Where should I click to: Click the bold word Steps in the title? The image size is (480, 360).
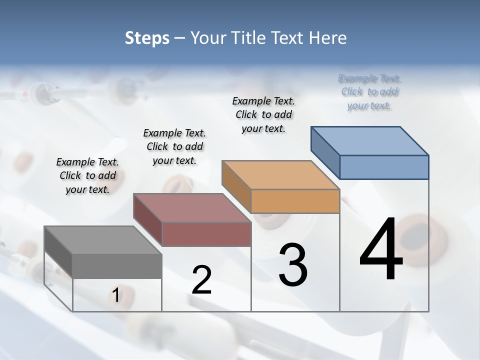point(147,38)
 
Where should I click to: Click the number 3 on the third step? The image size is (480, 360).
point(293,265)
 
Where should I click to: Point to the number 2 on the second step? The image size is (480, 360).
point(202,280)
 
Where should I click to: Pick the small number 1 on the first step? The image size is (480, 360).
point(115,295)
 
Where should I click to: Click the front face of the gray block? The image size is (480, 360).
point(117,265)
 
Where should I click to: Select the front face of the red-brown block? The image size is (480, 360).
point(206,234)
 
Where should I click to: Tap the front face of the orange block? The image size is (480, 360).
point(295,201)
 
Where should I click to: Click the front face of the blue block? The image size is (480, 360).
point(383,167)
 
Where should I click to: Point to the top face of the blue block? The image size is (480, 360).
point(370,140)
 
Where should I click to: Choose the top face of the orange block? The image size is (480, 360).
point(281,175)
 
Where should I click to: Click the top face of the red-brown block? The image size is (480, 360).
point(192,208)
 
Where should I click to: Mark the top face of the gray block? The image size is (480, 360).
point(103,240)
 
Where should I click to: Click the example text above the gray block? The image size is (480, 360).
point(87,175)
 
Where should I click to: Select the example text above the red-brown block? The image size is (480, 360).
point(174,146)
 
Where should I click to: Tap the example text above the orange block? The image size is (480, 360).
point(263,114)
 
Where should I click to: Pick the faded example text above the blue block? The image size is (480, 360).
point(369,92)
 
